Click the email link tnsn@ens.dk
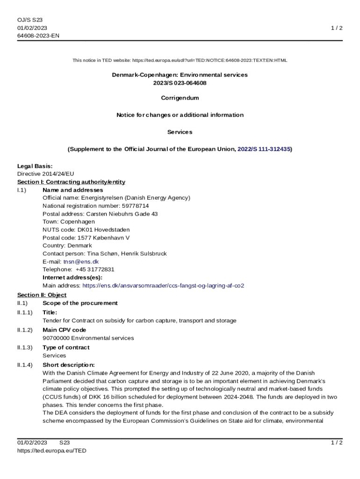coord(81,261)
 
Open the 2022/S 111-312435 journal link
coord(264,149)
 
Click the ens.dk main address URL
coord(163,285)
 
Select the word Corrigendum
coord(180,98)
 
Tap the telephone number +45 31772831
coord(95,269)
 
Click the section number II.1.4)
coord(25,365)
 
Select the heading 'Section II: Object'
coord(42,295)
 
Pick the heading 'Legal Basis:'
coord(35,166)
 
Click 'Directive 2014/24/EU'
coord(45,174)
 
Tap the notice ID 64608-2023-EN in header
coord(38,36)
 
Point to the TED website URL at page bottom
coord(52,450)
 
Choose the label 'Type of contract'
coord(66,348)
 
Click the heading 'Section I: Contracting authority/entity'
coord(71,182)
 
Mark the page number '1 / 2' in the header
coord(337,28)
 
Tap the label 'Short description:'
coord(69,365)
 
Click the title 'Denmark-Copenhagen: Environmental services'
coord(180,75)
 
